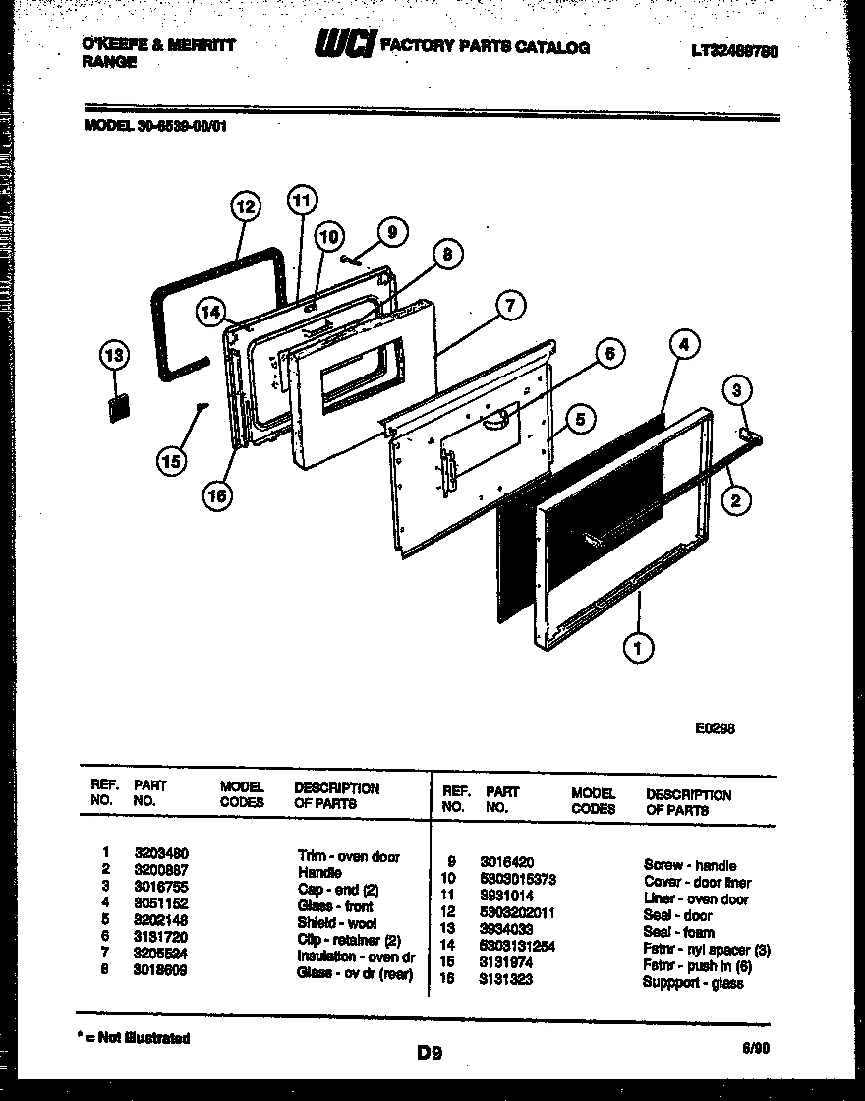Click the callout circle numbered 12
(245, 207)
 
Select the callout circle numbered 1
(639, 647)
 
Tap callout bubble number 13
(115, 355)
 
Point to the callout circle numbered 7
(509, 306)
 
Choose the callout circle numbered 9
(391, 232)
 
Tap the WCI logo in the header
(343, 44)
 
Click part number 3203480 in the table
(161, 855)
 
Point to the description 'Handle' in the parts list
(319, 872)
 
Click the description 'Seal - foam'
(678, 932)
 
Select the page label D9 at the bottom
(429, 1054)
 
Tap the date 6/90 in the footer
(757, 1049)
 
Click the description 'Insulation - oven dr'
(356, 956)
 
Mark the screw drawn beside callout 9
(349, 260)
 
